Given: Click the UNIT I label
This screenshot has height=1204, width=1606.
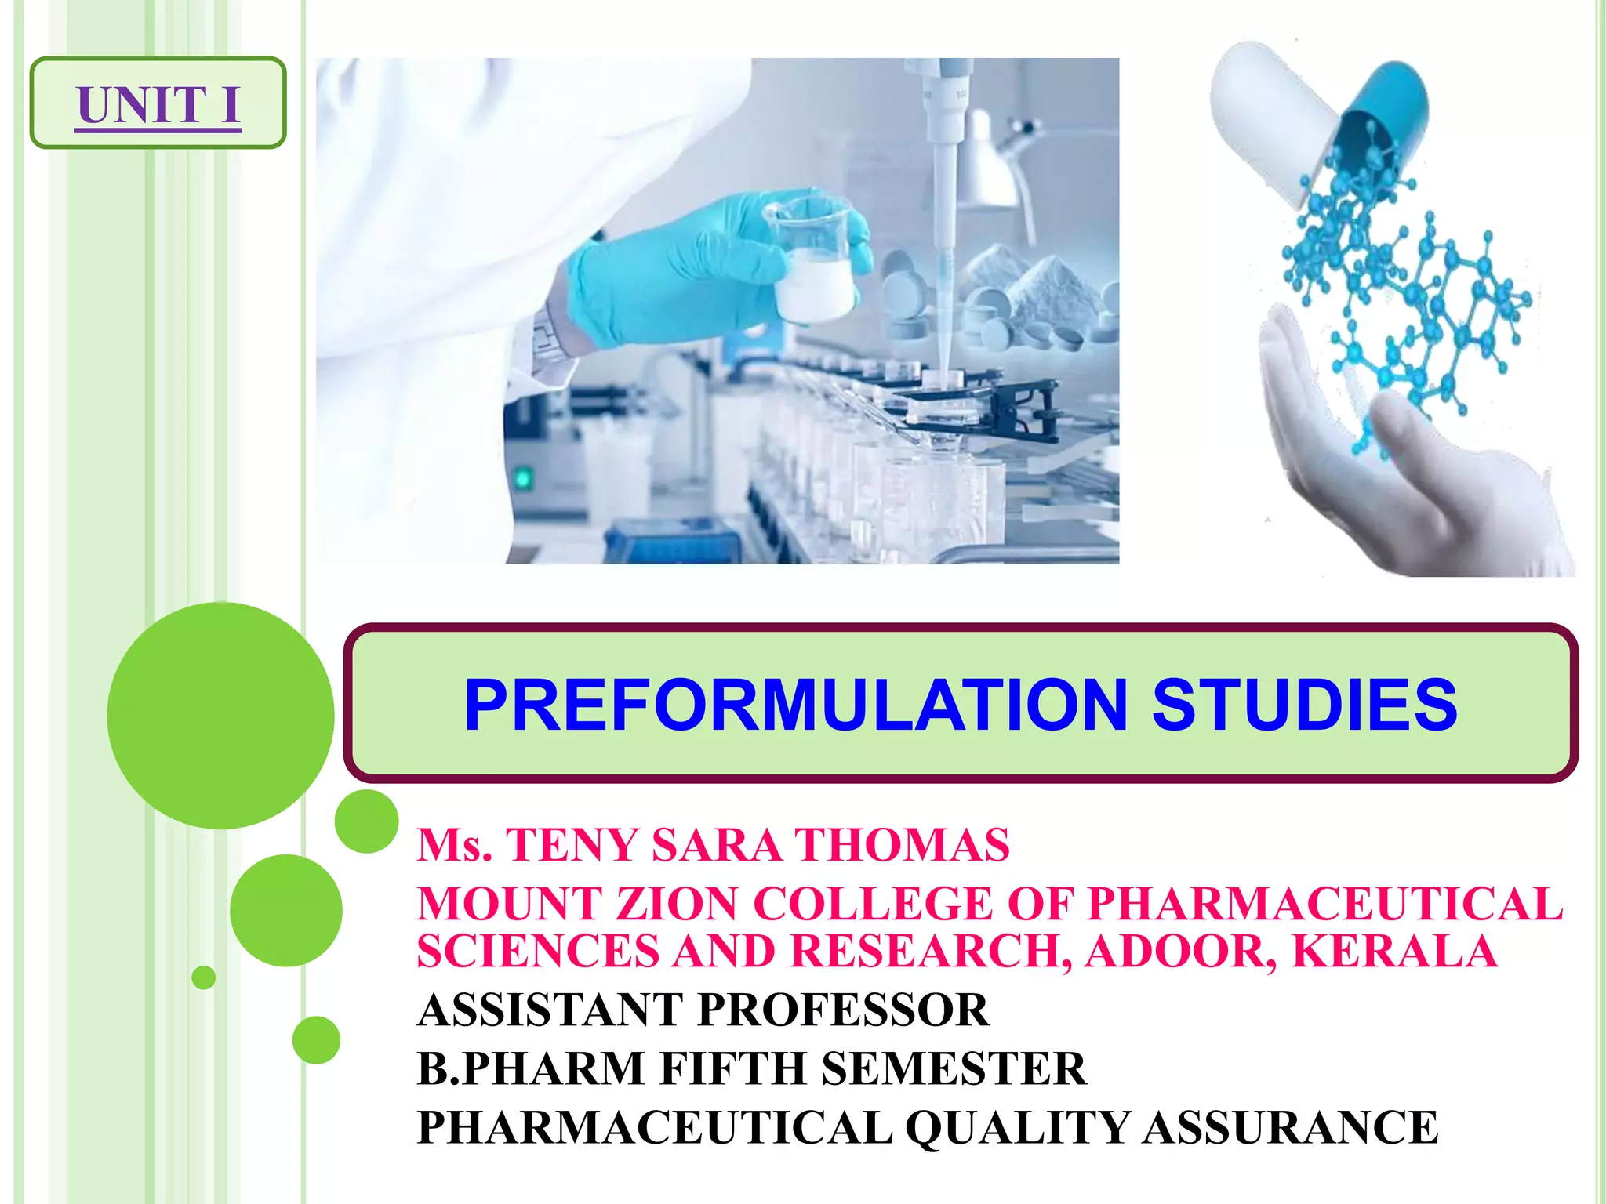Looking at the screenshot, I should click(158, 103).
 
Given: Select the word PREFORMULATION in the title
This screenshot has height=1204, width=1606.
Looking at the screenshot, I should click(796, 705).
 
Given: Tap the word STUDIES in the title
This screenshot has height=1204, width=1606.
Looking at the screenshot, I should click(1304, 705).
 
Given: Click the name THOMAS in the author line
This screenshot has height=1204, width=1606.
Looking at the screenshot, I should click(902, 845).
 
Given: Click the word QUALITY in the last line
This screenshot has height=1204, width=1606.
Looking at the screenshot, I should click(1017, 1127).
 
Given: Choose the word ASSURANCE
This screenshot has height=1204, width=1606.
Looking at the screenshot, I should click(1290, 1127).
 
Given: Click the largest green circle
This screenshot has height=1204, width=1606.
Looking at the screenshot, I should click(221, 715).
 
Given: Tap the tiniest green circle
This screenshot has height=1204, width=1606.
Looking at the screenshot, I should click(204, 977).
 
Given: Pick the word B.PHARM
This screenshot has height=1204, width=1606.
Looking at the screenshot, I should click(530, 1068).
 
